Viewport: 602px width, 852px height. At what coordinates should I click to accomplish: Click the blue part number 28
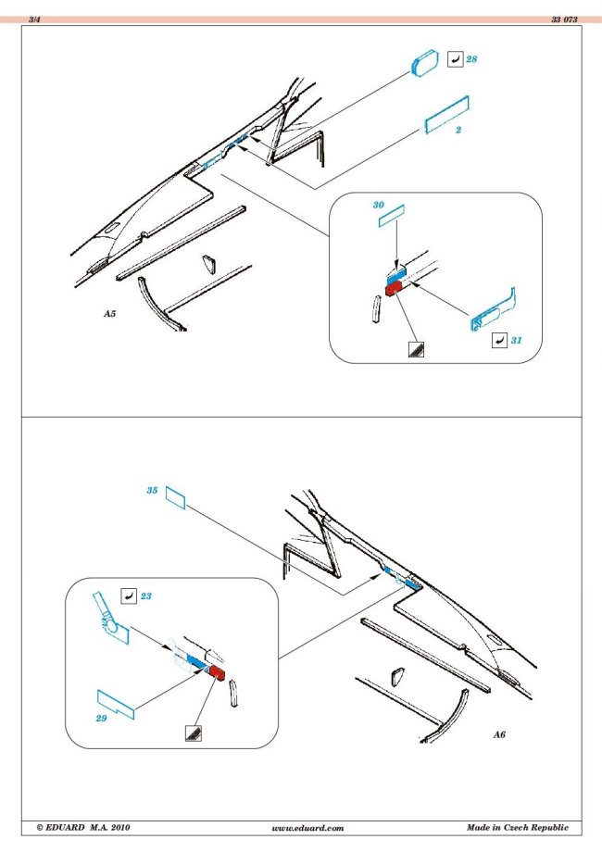pos(472,58)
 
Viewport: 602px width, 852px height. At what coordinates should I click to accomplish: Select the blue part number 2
pos(458,130)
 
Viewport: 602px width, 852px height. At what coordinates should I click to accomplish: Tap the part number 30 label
pos(378,204)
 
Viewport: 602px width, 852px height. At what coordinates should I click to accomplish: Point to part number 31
pos(517,341)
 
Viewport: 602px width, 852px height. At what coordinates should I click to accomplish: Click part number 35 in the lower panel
pos(151,490)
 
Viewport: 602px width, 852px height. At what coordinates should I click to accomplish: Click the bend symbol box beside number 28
pos(454,59)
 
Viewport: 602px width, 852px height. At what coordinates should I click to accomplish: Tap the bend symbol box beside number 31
pos(498,341)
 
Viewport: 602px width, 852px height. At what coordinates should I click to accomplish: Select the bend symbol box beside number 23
pos(129,596)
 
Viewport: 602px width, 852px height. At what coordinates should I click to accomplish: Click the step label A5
pos(109,315)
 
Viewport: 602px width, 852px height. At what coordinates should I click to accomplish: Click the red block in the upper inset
pos(393,288)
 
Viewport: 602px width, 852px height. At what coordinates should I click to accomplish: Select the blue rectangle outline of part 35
pos(176,500)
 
